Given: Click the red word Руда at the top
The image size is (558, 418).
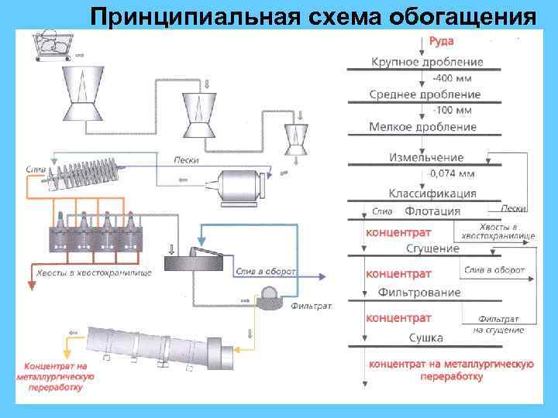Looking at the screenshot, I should click(x=441, y=41).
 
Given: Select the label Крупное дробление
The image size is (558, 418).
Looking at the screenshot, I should click(x=427, y=62).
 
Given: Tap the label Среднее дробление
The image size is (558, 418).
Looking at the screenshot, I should click(x=425, y=94).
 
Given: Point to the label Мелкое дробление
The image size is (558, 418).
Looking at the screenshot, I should click(x=423, y=127).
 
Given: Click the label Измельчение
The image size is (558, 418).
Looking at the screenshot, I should click(x=427, y=158).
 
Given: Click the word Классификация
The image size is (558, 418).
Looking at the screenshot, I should click(x=432, y=194).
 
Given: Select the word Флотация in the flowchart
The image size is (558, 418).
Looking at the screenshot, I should click(x=432, y=211).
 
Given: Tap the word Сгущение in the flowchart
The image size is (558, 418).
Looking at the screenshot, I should click(x=432, y=248).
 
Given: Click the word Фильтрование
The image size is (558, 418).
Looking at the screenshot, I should click(x=419, y=293).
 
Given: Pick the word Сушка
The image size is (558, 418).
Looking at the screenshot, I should click(x=425, y=337).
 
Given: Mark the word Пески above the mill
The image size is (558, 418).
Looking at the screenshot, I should click(x=186, y=160).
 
